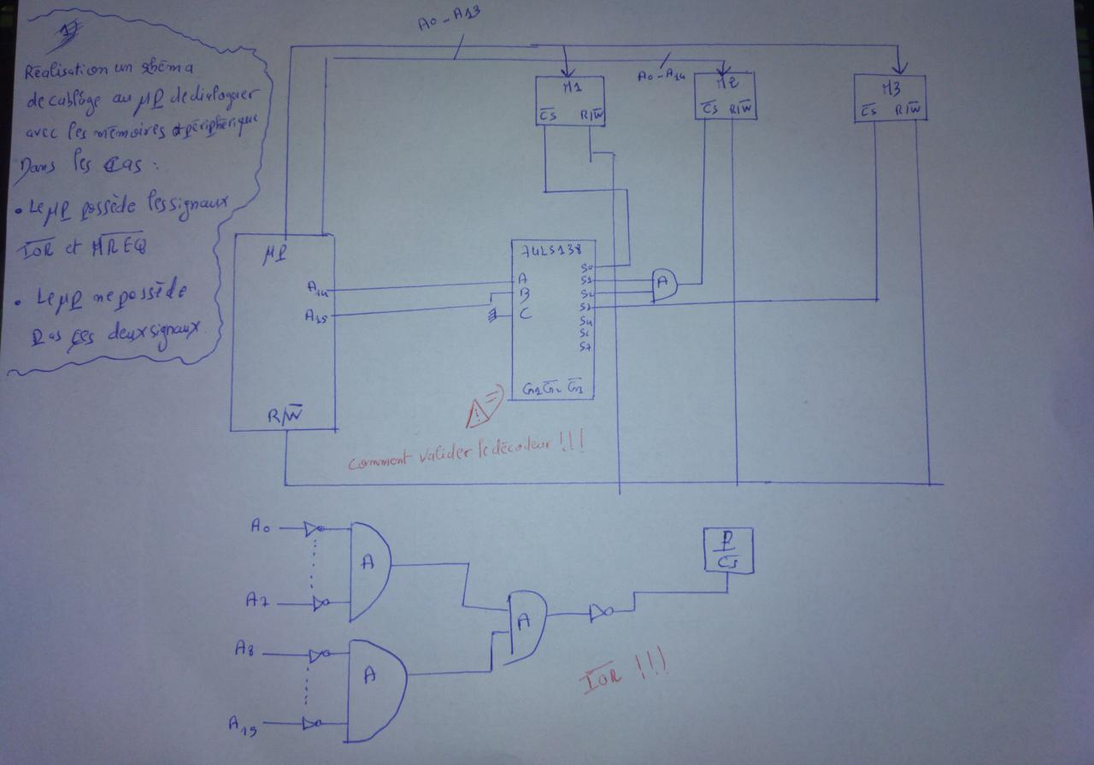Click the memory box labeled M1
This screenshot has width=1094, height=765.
[x=570, y=101]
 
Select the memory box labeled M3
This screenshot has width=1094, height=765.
[x=890, y=97]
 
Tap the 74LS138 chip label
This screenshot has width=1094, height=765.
[x=550, y=250]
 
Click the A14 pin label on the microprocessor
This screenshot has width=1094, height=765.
[x=317, y=291]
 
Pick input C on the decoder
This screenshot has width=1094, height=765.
[x=526, y=314]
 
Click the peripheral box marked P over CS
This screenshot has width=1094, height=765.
[x=726, y=550]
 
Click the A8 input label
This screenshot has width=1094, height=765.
[x=245, y=650]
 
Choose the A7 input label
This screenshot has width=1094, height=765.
[x=257, y=601]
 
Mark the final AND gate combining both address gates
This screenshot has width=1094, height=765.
[x=526, y=626]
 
